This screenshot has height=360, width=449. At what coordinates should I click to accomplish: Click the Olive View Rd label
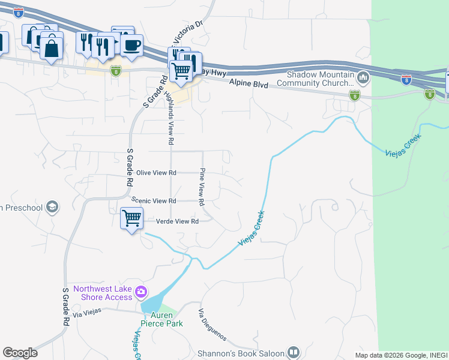coord(156,173)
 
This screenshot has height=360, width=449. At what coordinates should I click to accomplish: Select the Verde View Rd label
coord(177,221)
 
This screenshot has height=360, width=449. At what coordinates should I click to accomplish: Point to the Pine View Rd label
coord(203,186)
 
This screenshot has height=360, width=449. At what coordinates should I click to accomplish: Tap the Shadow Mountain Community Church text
coord(321,79)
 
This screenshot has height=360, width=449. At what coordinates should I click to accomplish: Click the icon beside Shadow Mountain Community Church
coord(363,77)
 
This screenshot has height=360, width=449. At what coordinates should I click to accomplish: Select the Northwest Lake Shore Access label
coord(103,293)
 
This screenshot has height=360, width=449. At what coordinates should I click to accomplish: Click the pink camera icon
coord(141,293)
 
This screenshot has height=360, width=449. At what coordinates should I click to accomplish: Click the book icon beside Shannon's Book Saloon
coord(294,352)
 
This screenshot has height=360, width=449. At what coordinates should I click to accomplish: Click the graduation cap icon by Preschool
coord(52,208)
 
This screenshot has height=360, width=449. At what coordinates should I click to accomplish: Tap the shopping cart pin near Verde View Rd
coord(131,218)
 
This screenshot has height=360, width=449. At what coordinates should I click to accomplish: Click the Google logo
coord(20,353)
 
